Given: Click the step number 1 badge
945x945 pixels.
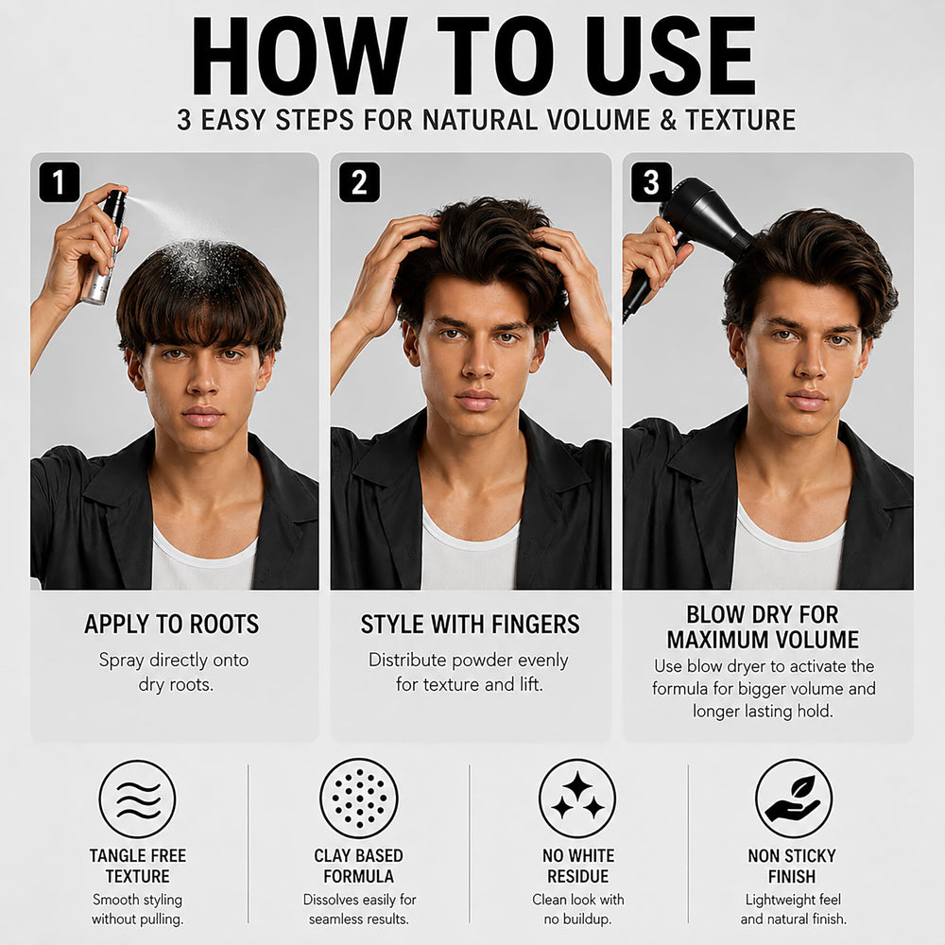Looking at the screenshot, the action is click(59, 182).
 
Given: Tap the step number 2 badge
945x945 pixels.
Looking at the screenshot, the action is click(359, 182).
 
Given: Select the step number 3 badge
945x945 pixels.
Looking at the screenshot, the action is click(651, 182).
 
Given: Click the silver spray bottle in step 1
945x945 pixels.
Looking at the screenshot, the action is click(104, 247).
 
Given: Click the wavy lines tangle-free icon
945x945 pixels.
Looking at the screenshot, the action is click(137, 799).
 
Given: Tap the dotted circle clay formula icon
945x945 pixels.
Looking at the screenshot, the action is click(359, 799).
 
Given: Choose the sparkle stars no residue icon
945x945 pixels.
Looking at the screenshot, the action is click(577, 799).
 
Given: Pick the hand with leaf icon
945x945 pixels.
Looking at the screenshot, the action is click(794, 799).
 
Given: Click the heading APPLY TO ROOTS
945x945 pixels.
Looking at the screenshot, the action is click(172, 625).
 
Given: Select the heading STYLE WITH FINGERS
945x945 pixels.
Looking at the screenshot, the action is click(470, 625).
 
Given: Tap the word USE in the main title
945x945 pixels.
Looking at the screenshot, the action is click(671, 56).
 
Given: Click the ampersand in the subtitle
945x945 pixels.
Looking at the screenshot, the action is click(668, 119).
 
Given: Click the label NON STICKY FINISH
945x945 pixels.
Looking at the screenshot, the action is click(792, 866).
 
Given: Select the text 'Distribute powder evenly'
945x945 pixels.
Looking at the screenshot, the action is click(469, 660).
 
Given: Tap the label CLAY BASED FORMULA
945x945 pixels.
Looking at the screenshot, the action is click(358, 866).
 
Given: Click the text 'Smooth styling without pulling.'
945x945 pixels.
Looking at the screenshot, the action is click(137, 909).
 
